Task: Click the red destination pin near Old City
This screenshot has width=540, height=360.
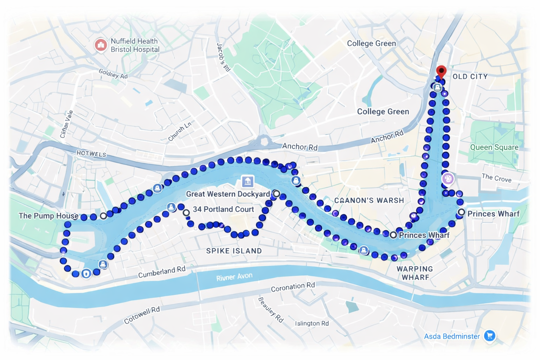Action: tap(441, 71)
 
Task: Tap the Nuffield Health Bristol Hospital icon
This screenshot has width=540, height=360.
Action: tap(101, 45)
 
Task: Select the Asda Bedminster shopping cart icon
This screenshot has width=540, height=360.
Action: tap(489, 336)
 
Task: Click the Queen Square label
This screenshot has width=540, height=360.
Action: tap(494, 147)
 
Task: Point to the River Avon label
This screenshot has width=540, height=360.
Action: tap(234, 277)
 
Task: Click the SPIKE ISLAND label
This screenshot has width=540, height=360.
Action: tap(234, 251)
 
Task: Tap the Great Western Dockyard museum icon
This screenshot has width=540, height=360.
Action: tap(247, 182)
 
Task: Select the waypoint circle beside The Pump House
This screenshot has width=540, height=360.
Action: tap(103, 216)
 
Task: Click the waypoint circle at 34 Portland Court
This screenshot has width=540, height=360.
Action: tap(186, 212)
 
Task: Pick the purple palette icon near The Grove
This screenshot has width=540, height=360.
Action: tap(448, 179)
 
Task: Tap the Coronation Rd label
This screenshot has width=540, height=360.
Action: tap(292, 287)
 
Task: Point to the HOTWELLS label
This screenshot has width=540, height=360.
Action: tap(91, 154)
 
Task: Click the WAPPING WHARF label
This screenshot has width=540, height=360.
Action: tap(415, 273)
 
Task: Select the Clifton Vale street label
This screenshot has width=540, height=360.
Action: tap(66, 124)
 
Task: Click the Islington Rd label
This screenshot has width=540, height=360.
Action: tap(312, 323)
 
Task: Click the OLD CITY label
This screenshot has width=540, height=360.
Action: tap(470, 76)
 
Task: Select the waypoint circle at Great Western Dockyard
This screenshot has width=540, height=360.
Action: tap(277, 194)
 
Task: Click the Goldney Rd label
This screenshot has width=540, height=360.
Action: tap(113, 74)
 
